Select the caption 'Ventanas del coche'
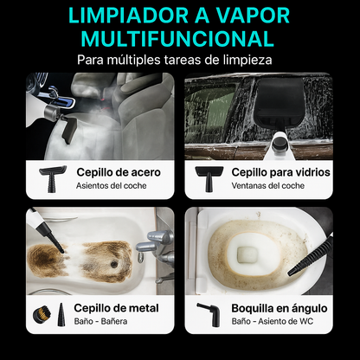tap(267, 185)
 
